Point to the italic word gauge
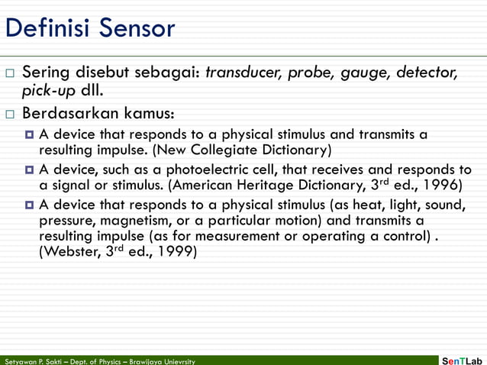pyautogui.click(x=370, y=74)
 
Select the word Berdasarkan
pyautogui.click(x=74, y=115)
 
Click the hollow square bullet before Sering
pyautogui.click(x=9, y=74)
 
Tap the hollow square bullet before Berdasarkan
pyautogui.click(x=9, y=115)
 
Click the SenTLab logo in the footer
pyautogui.click(x=463, y=359)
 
